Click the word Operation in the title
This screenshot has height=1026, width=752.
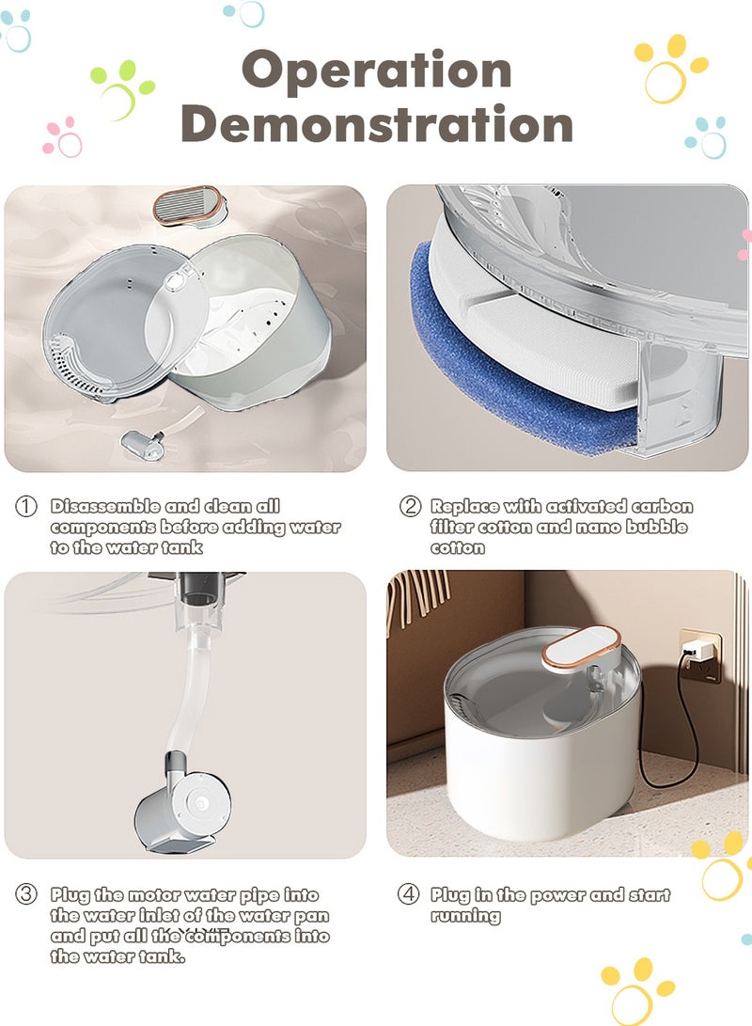coord(376,71)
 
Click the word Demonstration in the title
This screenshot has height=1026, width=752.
coord(376,125)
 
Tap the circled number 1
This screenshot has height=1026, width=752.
coord(26,507)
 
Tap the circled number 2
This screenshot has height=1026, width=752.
coord(410,507)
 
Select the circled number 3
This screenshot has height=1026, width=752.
coord(26,895)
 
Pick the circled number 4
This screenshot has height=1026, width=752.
coord(409,895)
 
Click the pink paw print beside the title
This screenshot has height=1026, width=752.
coord(63,137)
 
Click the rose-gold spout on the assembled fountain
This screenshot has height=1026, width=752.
coord(582,650)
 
